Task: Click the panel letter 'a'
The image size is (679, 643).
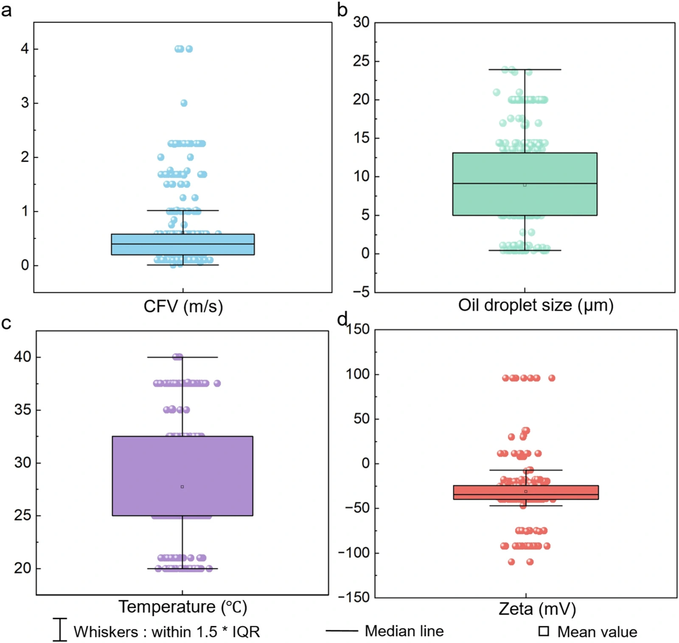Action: coord(6,10)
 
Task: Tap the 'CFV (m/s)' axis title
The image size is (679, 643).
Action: coord(183,306)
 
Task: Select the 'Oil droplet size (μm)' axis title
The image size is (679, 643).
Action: coord(536,305)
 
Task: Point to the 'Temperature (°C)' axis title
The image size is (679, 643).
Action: coord(182,607)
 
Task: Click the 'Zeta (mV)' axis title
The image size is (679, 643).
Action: coord(537,609)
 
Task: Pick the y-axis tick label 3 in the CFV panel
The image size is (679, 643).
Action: coord(25,103)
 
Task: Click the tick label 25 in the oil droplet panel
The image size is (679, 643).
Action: coord(361,61)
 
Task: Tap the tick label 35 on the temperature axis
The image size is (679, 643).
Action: coord(22,410)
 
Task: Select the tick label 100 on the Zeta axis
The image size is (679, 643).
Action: coord(357,374)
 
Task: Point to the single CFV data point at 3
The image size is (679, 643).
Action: coord(184,103)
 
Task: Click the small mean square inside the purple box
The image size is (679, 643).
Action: coord(182,486)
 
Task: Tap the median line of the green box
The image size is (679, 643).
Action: coord(525,183)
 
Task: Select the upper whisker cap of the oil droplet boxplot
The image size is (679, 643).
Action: coord(525,69)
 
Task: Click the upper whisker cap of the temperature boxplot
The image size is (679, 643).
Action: coord(182,357)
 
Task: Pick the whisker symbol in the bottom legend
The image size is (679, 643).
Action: coord(60,629)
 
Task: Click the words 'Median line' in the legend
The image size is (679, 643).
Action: coord(404,631)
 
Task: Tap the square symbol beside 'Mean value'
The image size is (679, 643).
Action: coord(544,631)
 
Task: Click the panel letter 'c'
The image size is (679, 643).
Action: coord(6,324)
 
